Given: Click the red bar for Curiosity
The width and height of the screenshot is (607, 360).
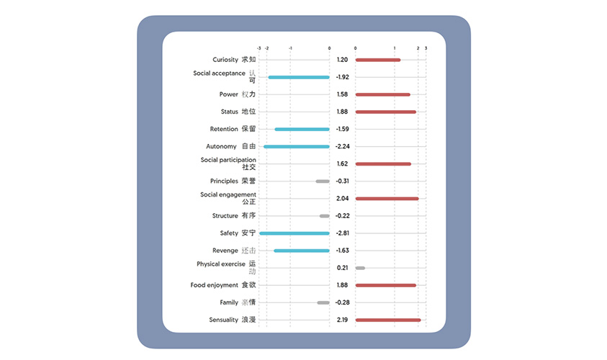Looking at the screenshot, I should [x=377, y=60].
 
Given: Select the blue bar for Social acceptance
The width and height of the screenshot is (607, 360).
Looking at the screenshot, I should [x=299, y=77].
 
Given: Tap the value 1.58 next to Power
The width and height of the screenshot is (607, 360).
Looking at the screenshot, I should [x=342, y=94].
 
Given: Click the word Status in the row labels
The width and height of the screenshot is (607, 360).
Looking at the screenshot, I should [x=229, y=112].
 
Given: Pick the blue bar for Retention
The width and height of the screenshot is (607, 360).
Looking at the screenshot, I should [x=302, y=130].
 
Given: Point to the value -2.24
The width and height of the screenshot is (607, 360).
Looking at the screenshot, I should [x=342, y=147].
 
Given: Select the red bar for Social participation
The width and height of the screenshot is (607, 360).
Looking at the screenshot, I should [x=382, y=164].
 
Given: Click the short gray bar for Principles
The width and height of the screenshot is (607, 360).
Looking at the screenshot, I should [x=323, y=181].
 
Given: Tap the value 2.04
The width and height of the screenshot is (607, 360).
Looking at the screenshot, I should [x=342, y=199].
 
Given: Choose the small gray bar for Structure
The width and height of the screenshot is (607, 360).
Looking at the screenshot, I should [x=324, y=216].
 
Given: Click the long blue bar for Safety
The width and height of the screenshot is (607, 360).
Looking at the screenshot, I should [x=294, y=233].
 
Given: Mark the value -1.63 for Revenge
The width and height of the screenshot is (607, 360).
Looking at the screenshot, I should [x=342, y=251].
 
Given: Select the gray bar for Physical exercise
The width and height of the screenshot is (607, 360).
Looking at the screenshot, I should [x=360, y=268].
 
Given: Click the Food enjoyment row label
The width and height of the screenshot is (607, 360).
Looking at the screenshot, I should [x=214, y=285].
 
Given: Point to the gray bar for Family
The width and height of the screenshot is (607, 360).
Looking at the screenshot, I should [x=323, y=302].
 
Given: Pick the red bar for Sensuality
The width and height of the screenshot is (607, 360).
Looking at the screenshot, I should [x=387, y=320].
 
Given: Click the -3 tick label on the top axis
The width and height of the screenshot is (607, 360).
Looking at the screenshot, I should [x=259, y=48].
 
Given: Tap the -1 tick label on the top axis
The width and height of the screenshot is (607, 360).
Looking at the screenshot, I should [x=290, y=48].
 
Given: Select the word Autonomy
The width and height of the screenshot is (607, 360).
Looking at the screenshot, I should [x=221, y=147].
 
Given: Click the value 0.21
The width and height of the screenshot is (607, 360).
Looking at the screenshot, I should [x=342, y=268].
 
